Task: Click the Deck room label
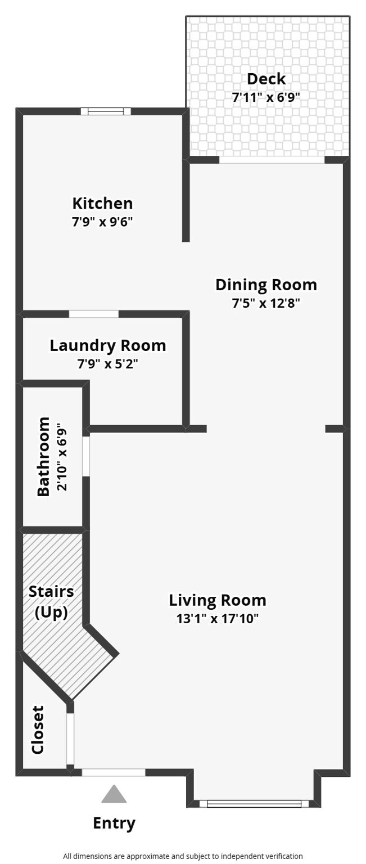pyautogui.click(x=266, y=79)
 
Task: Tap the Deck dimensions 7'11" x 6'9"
pyautogui.click(x=266, y=97)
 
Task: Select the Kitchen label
pyautogui.click(x=102, y=203)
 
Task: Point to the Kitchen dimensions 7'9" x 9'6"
pyautogui.click(x=102, y=221)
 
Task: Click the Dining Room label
pyautogui.click(x=266, y=285)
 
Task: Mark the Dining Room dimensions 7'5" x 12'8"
pyautogui.click(x=266, y=303)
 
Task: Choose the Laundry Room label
pyautogui.click(x=108, y=345)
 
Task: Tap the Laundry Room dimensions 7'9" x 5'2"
pyautogui.click(x=108, y=364)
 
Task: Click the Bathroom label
pyautogui.click(x=43, y=456)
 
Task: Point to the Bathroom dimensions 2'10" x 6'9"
pyautogui.click(x=62, y=456)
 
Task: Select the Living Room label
pyautogui.click(x=218, y=600)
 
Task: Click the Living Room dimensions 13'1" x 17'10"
pyautogui.click(x=218, y=619)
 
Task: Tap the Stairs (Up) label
pyautogui.click(x=51, y=601)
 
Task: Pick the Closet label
pyautogui.click(x=38, y=730)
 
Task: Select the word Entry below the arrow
pyautogui.click(x=114, y=823)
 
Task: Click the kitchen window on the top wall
pyautogui.click(x=106, y=111)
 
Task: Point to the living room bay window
pyautogui.click(x=254, y=804)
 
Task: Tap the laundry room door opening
pyautogui.click(x=94, y=314)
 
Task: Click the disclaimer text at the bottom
pyautogui.click(x=183, y=856)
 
